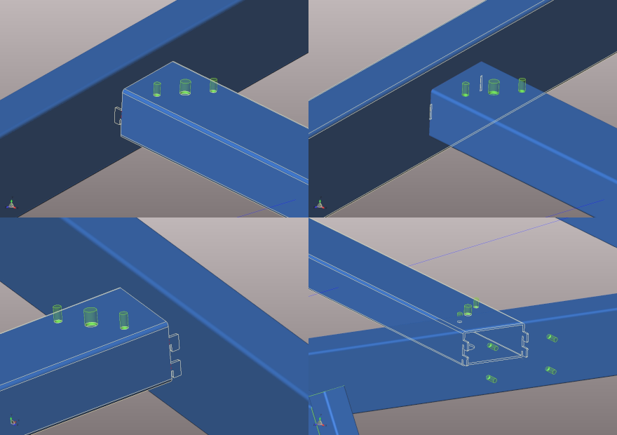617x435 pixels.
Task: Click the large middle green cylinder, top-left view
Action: point(185,87)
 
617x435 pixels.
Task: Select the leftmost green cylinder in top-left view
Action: point(157,89)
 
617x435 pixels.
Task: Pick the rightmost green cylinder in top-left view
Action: point(213,85)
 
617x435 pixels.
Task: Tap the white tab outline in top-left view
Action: point(118,116)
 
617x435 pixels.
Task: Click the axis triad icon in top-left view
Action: point(11,204)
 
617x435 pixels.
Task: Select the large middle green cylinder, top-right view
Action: point(494,87)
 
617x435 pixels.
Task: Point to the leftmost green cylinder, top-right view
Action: point(466,89)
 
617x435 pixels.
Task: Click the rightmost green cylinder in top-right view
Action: point(522,85)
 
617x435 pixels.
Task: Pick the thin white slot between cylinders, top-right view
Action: point(481,83)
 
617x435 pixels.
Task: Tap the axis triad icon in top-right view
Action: point(320,204)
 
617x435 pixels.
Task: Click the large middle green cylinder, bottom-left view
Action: point(90,317)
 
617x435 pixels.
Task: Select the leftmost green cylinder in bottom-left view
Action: point(57,314)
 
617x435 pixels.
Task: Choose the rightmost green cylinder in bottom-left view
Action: point(123,320)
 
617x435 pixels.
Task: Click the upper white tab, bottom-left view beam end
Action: point(174,342)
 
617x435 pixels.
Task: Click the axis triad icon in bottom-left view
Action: point(13,421)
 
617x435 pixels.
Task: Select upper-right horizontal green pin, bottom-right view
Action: point(552,338)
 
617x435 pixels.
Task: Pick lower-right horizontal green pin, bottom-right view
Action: point(550,370)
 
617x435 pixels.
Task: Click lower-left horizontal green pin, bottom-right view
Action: point(491,379)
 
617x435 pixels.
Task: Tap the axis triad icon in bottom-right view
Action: point(320,422)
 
